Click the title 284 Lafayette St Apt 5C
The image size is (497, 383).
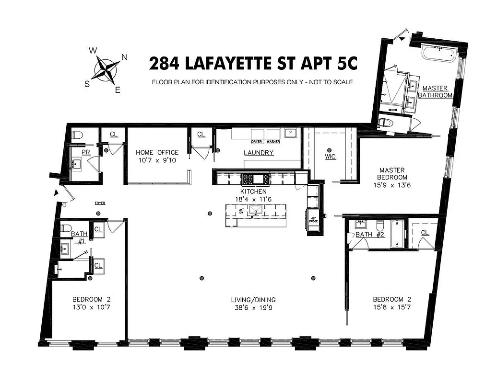click(253, 63)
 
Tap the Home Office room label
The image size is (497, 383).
click(157, 152)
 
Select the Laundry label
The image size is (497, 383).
click(259, 153)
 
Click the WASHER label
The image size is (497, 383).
click(273, 142)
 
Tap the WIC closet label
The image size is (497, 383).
click(331, 156)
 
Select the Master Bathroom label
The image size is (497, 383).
click(435, 92)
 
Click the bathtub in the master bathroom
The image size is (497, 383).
click(438, 53)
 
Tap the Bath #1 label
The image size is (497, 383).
click(79, 237)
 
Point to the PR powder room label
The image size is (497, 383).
click(86, 152)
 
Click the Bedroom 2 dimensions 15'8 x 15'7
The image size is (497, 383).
click(392, 307)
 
